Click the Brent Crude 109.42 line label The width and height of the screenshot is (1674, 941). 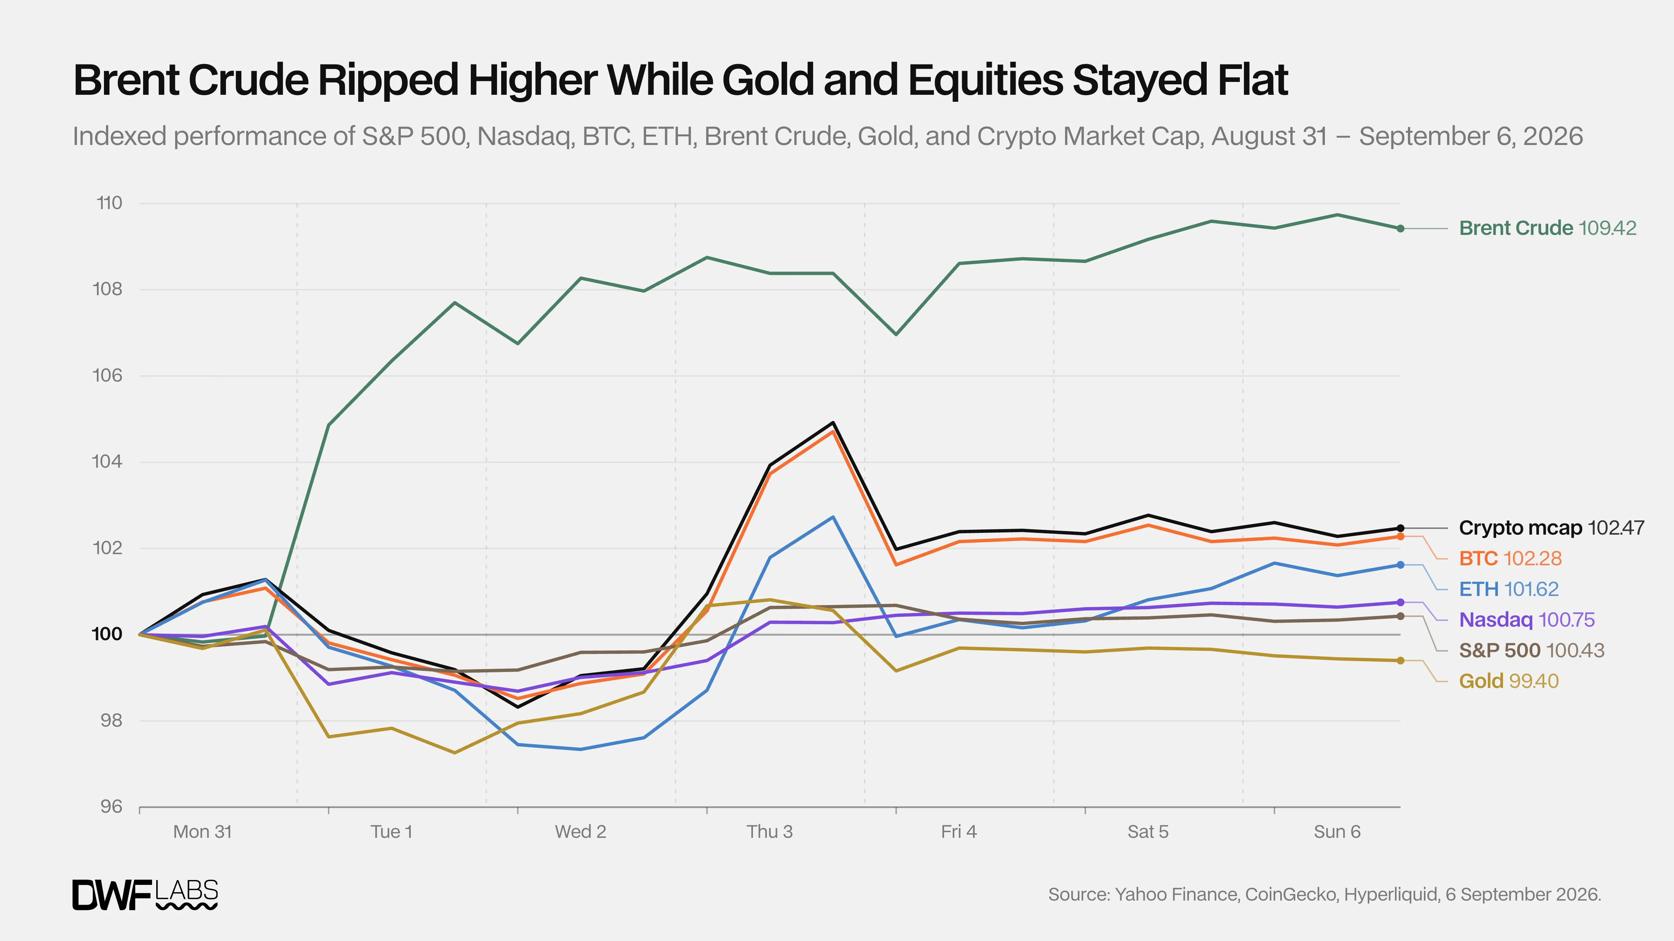(1547, 228)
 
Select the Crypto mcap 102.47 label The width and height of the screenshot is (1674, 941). (1551, 528)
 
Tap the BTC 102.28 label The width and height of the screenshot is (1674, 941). (1510, 558)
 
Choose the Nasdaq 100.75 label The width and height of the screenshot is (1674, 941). (1526, 620)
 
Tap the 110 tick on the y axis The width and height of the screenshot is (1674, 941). (109, 203)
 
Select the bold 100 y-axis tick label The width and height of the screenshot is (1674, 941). (107, 634)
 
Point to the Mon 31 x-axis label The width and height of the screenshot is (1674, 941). (202, 832)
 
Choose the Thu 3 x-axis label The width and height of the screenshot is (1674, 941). (769, 832)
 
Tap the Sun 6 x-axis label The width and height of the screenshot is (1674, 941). (1337, 832)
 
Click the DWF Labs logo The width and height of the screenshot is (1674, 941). (145, 895)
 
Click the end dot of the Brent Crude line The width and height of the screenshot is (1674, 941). (1401, 229)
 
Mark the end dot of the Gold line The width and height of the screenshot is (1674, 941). (1401, 660)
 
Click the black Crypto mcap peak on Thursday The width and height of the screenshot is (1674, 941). (833, 423)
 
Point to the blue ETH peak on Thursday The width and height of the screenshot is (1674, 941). (833, 517)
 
